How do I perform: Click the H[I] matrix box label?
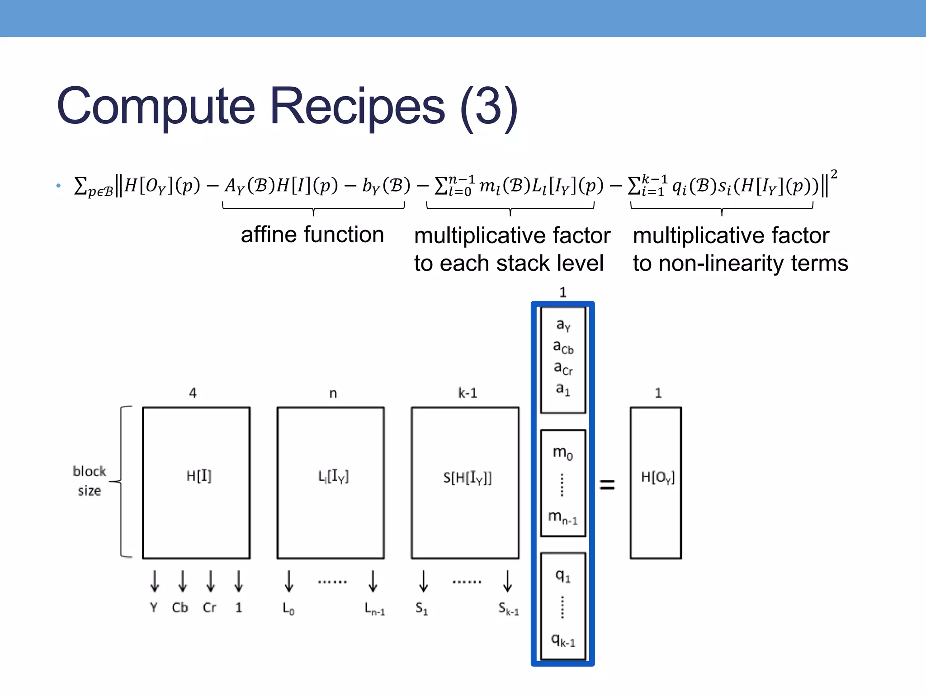[x=198, y=476]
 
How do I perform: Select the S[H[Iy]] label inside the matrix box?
[x=467, y=478]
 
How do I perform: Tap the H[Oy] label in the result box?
[x=657, y=477]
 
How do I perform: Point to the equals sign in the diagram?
[x=607, y=485]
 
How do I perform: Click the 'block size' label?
[x=89, y=481]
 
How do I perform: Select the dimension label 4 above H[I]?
[x=193, y=393]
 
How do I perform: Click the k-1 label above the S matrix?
[x=468, y=393]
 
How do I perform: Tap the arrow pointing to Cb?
[x=182, y=581]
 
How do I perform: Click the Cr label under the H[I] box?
[x=209, y=608]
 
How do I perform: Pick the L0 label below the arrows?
[x=288, y=609]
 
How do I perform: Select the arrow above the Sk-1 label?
[x=507, y=581]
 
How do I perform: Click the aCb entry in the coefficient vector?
[x=563, y=347]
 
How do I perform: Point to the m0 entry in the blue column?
[x=562, y=452]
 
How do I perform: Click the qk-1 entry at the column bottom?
[x=562, y=640]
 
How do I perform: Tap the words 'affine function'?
[x=312, y=235]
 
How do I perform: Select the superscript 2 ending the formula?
[x=834, y=174]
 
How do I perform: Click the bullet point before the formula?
[x=58, y=186]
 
